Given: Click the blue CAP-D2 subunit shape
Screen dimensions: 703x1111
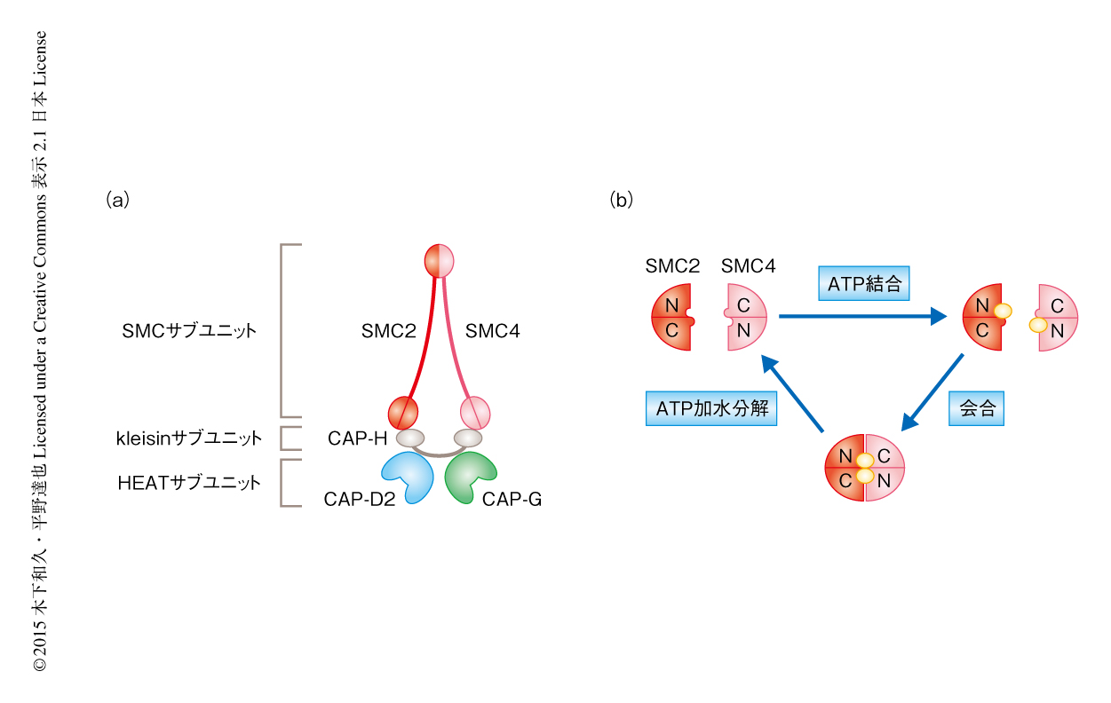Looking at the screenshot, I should click(x=406, y=476).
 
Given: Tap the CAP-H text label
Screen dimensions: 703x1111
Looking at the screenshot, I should click(x=357, y=438).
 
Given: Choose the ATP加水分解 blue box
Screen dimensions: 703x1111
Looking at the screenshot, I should click(x=710, y=408).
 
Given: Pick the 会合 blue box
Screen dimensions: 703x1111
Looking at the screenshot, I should click(x=977, y=408).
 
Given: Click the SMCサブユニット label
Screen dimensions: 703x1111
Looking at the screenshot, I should click(x=189, y=331).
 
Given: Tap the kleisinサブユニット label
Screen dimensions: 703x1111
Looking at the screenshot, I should click(x=189, y=438).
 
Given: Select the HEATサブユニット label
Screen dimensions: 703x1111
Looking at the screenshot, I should click(x=189, y=483).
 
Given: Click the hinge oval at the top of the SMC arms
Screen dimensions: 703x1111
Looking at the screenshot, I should click(x=440, y=260).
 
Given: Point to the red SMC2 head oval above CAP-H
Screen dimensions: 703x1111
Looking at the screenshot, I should click(x=402, y=412).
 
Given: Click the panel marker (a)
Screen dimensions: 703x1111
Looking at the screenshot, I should click(x=117, y=200).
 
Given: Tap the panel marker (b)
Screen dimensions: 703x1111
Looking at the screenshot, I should click(x=622, y=200).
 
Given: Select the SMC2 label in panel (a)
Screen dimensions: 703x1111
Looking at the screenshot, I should click(x=388, y=331).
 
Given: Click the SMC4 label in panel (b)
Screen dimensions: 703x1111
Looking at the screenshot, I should click(x=749, y=265).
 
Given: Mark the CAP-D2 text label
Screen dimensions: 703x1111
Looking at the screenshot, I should click(x=359, y=500).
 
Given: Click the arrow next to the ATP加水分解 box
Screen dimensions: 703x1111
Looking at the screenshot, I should click(x=793, y=395).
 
